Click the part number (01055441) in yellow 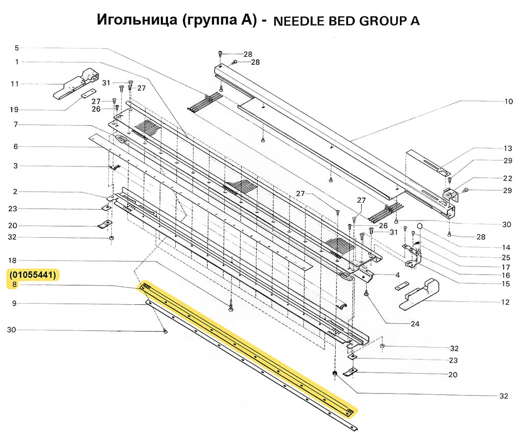pos(33,275)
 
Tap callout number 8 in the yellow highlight pos(15,285)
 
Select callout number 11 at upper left pos(15,83)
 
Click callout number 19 pos(15,110)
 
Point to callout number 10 pos(508,102)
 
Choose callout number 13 pos(507,149)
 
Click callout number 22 pos(507,179)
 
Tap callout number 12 pos(505,302)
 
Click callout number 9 pos(15,304)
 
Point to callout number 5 pos(16,48)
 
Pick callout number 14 pos(506,248)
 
